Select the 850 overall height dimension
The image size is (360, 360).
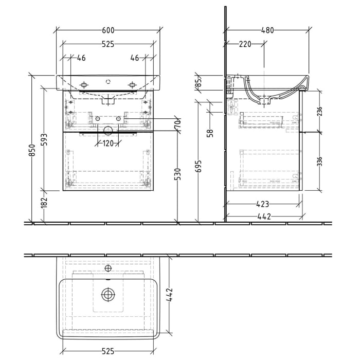tap(32, 150)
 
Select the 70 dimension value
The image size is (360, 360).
tap(178, 125)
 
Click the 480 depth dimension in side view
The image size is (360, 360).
tap(267, 30)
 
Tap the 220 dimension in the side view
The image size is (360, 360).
tap(245, 44)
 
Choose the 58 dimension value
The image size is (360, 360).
tap(210, 133)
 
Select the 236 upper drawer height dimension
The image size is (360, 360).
tap(320, 111)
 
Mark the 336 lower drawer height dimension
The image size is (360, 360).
tap(320, 161)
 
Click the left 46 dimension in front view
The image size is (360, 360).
tap(81, 58)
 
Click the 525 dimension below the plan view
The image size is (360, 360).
tap(108, 351)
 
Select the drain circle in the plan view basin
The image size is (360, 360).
tap(108, 295)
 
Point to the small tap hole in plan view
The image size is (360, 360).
tap(108, 268)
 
